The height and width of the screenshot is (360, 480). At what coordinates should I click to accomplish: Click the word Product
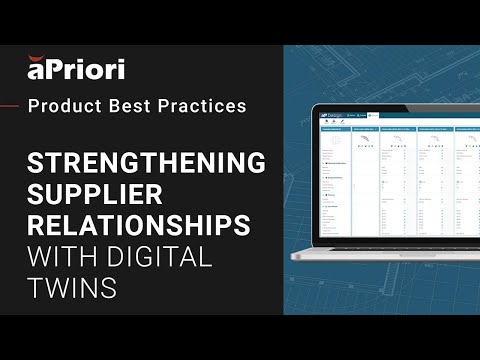(x=62, y=105)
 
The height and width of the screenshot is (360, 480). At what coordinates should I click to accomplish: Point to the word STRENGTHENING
(x=146, y=163)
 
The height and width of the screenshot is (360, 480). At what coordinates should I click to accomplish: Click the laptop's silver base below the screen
(x=380, y=255)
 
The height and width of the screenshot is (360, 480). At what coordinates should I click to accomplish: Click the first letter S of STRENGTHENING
(x=36, y=163)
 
